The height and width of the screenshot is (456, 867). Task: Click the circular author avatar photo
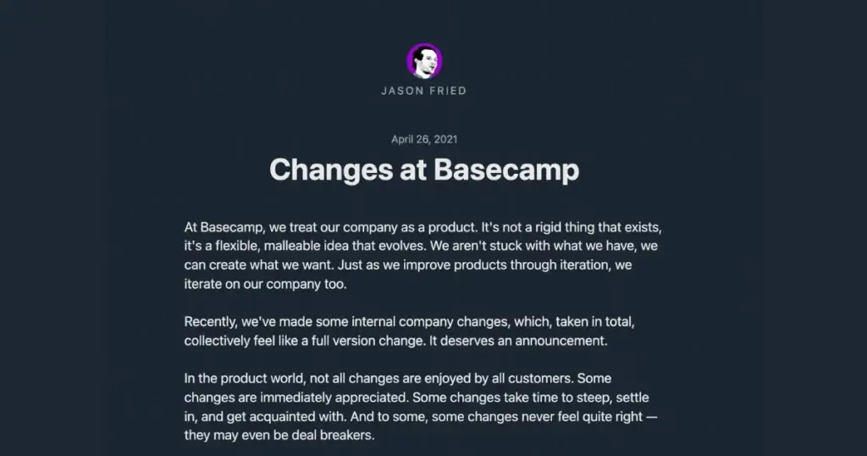pos(424,61)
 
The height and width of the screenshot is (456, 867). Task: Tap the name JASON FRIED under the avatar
pos(424,91)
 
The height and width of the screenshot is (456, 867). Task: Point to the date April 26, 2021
pos(424,139)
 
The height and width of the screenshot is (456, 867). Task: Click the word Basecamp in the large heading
pos(506,170)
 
